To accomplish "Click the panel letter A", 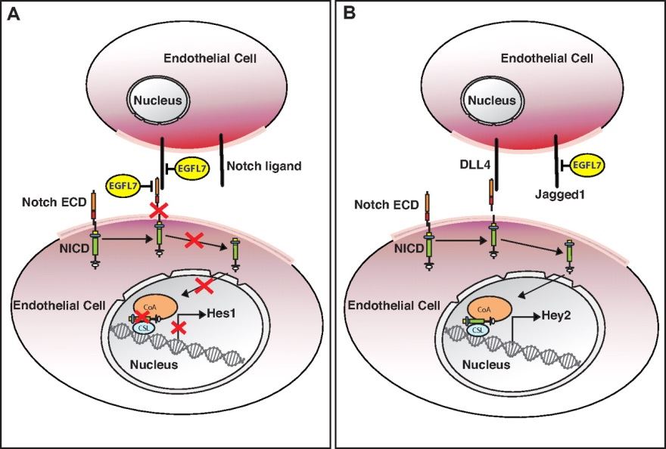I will click(x=13, y=13).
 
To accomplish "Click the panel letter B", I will click(x=350, y=13).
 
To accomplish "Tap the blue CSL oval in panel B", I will click(x=479, y=330).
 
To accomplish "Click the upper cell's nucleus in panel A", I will click(x=158, y=98).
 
